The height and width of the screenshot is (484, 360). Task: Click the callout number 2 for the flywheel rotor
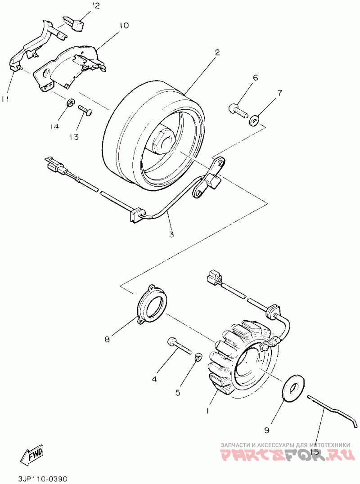217,53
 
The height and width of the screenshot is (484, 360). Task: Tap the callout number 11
5,99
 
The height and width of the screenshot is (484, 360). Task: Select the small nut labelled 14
70,104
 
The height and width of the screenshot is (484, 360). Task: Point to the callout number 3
171,234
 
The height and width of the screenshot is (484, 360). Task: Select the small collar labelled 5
197,358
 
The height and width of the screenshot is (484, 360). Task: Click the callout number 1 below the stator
207,411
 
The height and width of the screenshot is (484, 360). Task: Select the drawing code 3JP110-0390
43,478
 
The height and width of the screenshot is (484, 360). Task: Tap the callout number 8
107,340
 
